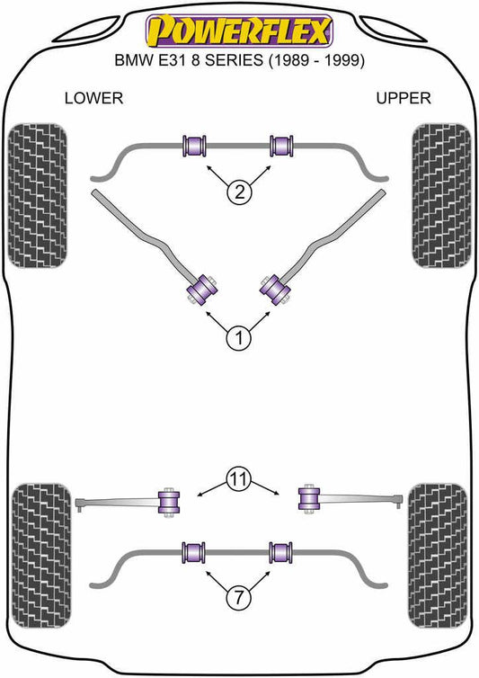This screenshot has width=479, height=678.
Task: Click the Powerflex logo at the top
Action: click(239, 31)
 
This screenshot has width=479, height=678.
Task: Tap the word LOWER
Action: click(93, 98)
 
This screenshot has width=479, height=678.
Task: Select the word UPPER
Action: click(404, 98)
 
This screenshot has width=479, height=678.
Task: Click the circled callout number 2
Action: click(239, 192)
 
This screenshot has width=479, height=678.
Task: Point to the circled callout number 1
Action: click(239, 338)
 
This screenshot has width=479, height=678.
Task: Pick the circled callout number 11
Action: click(239, 478)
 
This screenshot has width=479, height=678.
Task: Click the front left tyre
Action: click(38, 195)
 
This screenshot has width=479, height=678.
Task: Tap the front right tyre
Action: click(441, 195)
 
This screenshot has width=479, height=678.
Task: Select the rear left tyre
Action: click(41, 556)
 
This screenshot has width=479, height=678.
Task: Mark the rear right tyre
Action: click(438, 556)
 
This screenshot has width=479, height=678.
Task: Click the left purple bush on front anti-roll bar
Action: click(194, 147)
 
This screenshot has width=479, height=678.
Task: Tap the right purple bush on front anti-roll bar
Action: click(281, 147)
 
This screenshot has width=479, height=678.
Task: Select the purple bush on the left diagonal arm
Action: click(201, 289)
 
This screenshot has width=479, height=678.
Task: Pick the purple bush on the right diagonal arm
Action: click(274, 289)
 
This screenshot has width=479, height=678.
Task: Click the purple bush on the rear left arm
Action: click(169, 503)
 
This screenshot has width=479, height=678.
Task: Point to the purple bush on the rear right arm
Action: click(309, 498)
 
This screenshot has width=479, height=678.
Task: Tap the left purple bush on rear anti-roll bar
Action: click(194, 552)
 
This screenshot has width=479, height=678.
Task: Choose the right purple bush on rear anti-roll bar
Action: click(281, 552)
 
